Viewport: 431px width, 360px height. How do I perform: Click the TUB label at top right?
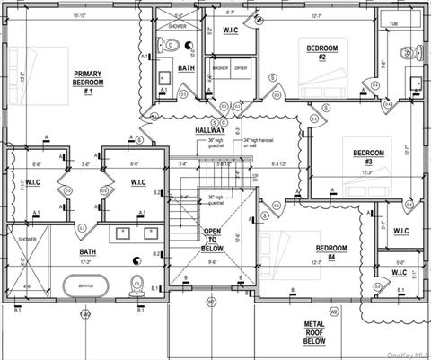(394, 23)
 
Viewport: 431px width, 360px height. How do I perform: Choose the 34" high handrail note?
(259, 143)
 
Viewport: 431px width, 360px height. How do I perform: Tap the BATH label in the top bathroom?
(185, 68)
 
